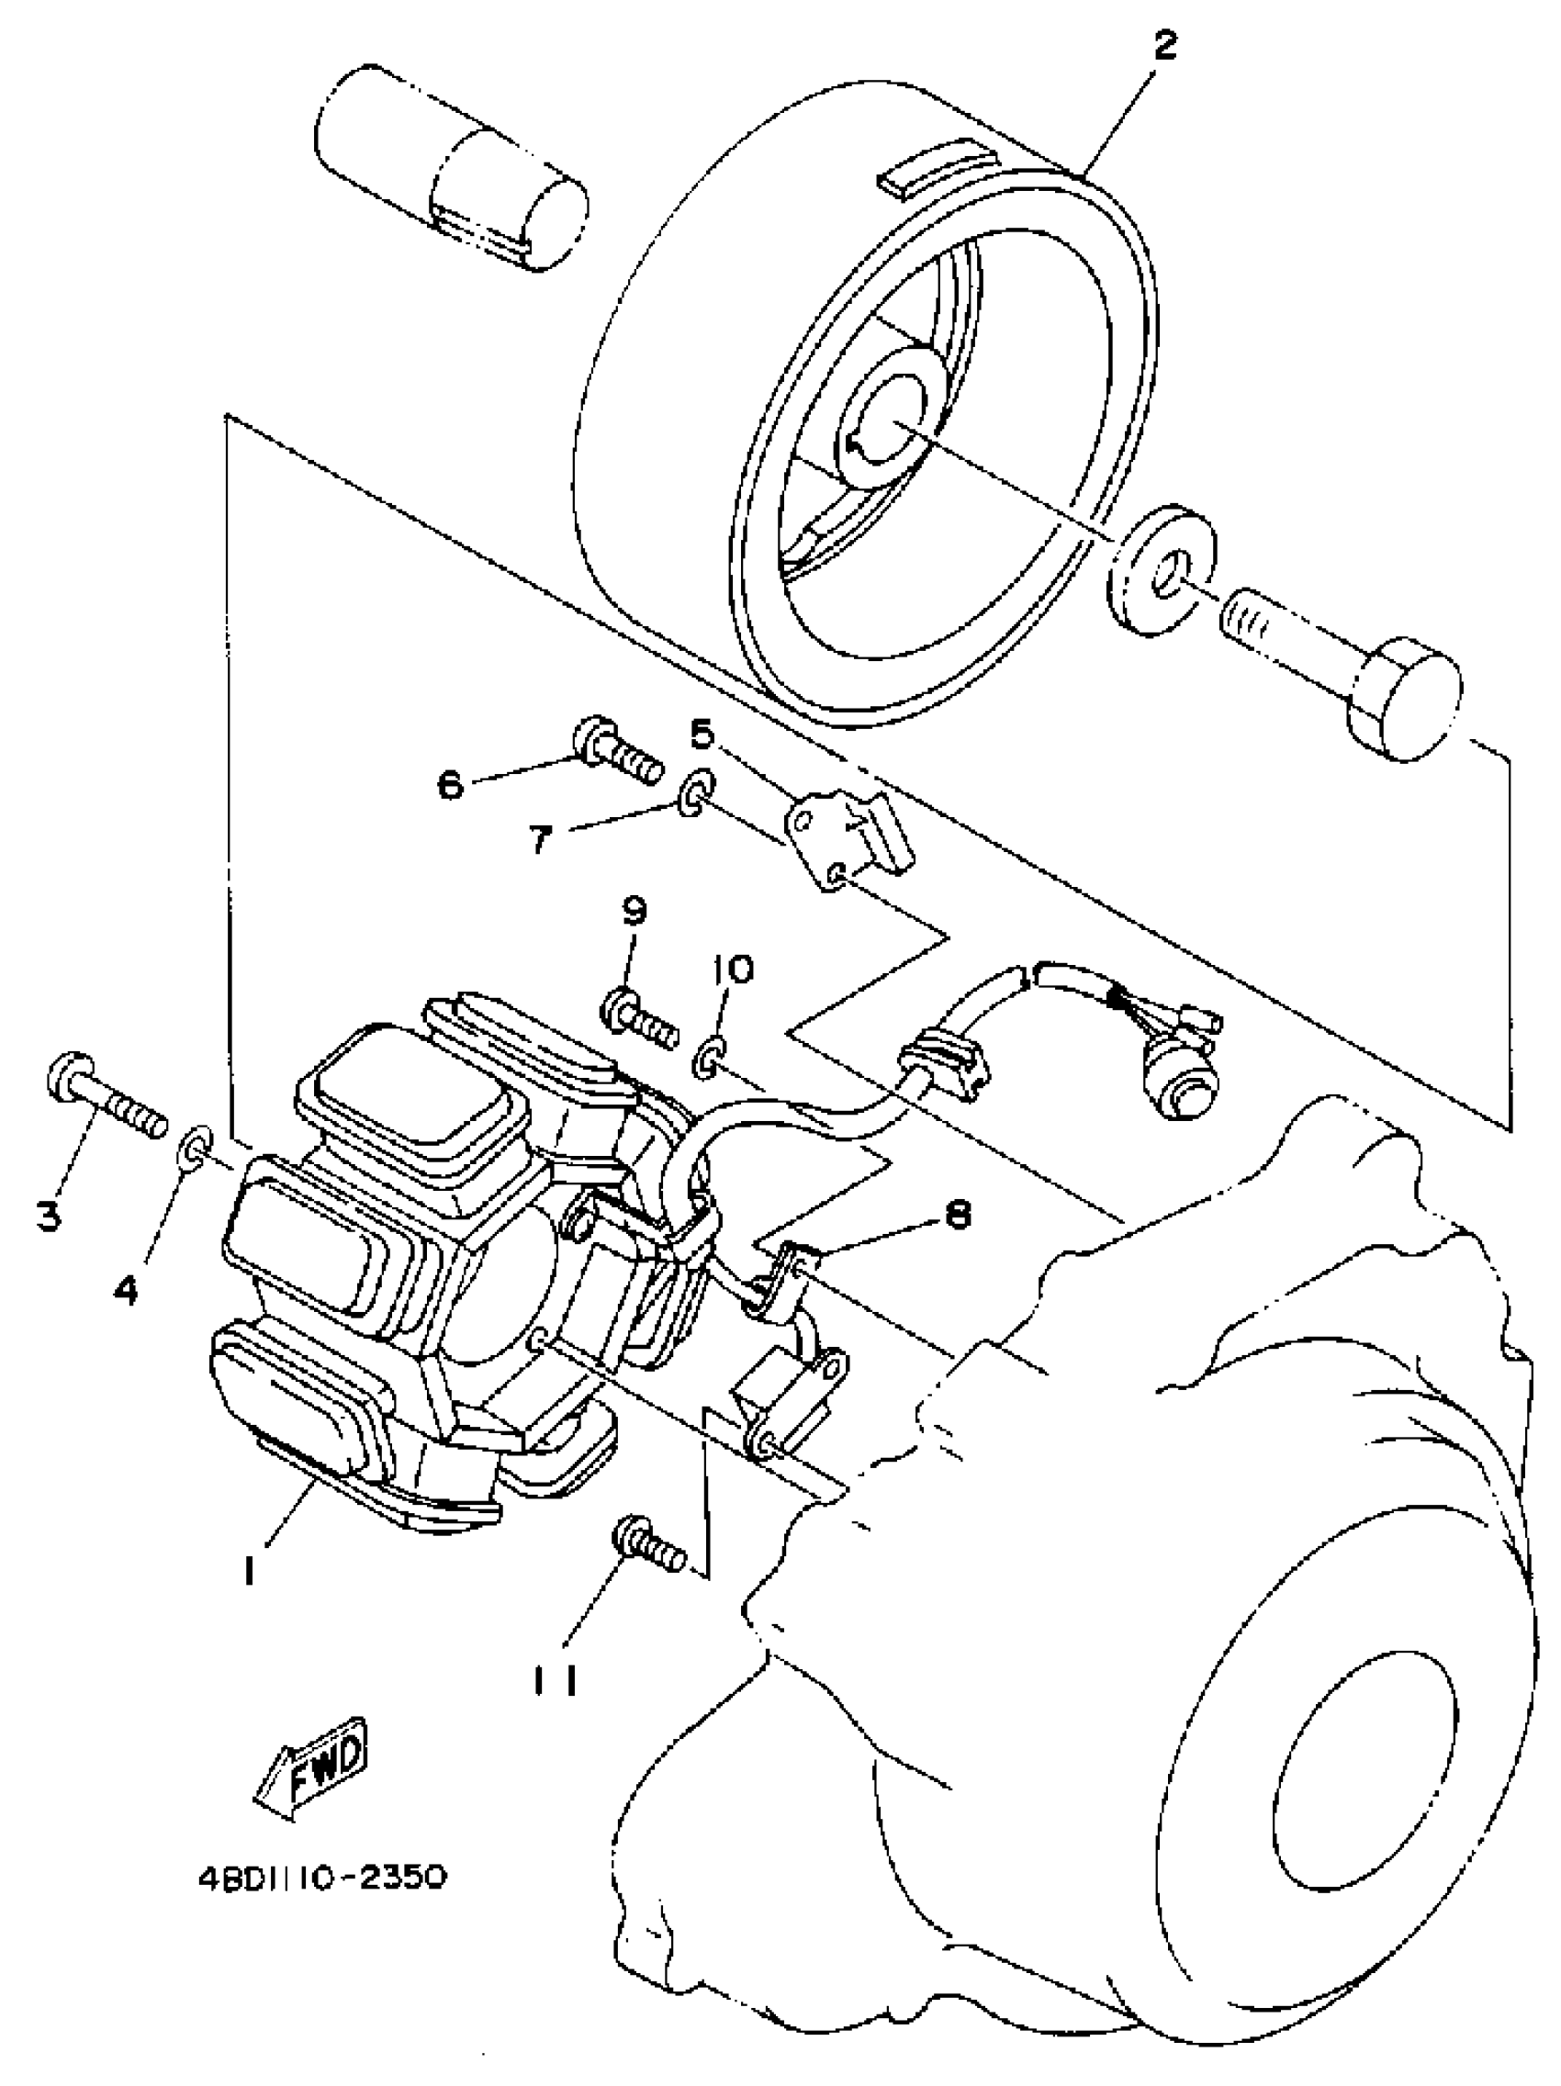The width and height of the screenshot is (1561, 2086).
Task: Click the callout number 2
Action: tap(1166, 44)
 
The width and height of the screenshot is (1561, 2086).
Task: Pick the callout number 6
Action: tap(451, 784)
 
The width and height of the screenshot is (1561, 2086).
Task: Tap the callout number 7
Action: tap(539, 838)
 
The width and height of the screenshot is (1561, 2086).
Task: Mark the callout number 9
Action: tap(634, 911)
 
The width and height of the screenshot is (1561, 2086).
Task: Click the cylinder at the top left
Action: tap(451, 170)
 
